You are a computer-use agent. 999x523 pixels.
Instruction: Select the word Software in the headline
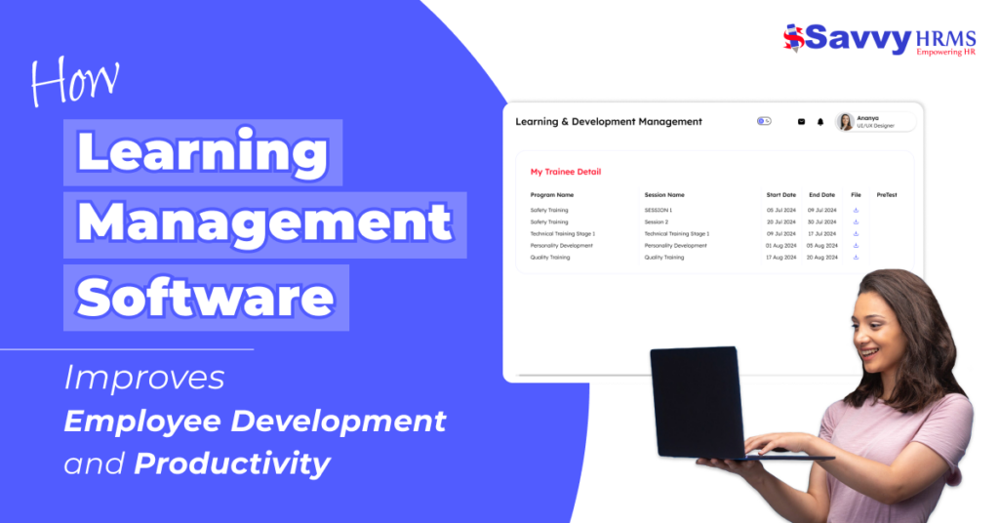206,297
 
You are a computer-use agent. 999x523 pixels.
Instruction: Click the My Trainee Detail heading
566,172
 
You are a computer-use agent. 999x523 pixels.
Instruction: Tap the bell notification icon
820,122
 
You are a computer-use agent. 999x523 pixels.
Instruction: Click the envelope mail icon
802,122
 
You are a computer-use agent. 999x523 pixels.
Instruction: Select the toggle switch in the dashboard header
764,122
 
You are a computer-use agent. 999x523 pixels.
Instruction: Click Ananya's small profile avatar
846,122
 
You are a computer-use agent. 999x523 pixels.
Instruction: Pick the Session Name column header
664,195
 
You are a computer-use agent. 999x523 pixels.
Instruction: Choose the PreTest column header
887,195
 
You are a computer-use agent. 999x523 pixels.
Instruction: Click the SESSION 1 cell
659,210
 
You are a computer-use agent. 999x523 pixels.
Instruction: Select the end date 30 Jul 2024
822,221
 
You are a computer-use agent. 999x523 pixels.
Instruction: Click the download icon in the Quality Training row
856,258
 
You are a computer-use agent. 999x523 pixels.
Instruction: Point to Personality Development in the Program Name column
561,245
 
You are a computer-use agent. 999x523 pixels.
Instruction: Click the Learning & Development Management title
609,122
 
